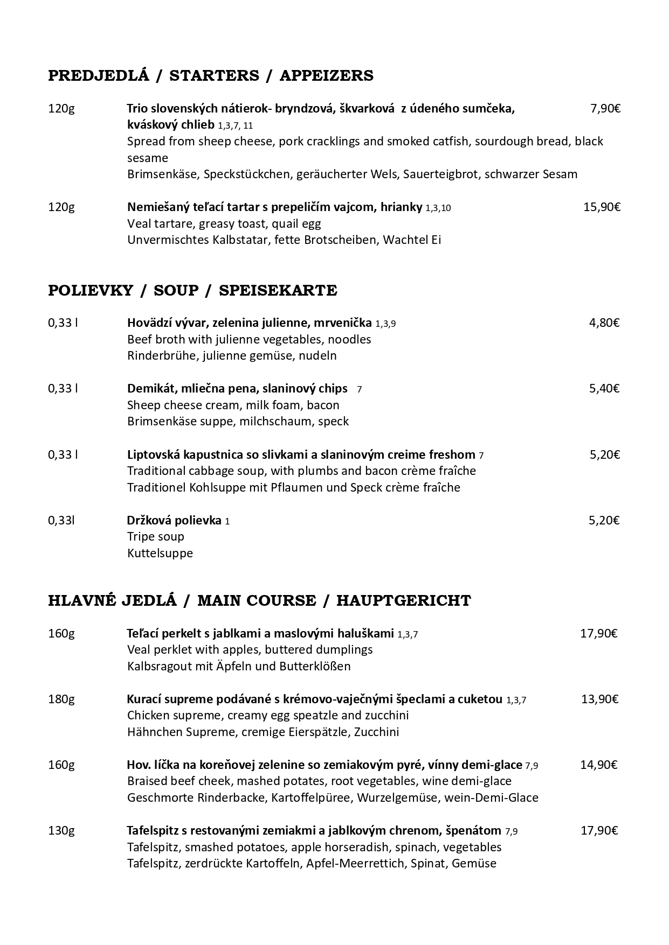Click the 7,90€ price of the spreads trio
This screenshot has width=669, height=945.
tap(605, 109)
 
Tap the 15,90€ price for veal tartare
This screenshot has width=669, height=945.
tap(602, 207)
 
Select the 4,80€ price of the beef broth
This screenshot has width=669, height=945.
tap(604, 323)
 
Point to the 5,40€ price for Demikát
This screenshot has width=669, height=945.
tap(604, 388)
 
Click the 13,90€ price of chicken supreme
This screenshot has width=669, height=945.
tap(599, 699)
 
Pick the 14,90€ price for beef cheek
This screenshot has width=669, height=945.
tap(598, 765)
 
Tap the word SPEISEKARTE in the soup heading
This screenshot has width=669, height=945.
tap(278, 291)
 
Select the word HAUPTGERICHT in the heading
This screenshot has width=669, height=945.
tap(403, 600)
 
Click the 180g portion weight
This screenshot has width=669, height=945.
tap(61, 699)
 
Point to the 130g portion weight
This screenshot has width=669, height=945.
tap(61, 830)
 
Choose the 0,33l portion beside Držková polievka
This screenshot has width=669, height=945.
tap(61, 520)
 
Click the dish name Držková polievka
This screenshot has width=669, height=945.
tap(174, 520)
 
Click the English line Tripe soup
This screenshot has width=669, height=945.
tap(156, 536)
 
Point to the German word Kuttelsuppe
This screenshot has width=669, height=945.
tap(160, 553)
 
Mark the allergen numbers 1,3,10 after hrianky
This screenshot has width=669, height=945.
tap(438, 208)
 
